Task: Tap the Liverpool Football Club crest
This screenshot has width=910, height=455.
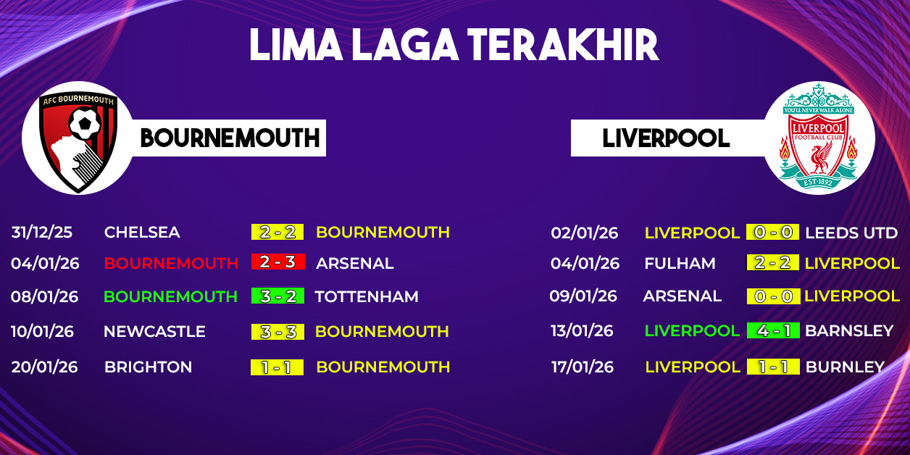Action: coord(818,136)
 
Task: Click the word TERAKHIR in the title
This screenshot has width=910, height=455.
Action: coord(563,45)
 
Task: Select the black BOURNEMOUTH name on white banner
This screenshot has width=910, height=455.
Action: coord(230,138)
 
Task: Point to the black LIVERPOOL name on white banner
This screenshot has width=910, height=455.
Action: coord(667,138)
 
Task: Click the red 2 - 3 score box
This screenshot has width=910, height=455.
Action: coord(278,262)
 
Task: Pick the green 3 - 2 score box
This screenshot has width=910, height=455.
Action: coord(278,296)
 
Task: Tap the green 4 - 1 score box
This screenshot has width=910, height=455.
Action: coord(773,330)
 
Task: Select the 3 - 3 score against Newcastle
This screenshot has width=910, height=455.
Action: coord(277,332)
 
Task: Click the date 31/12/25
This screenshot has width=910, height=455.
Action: coord(42,233)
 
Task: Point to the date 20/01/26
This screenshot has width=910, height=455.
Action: coord(44,367)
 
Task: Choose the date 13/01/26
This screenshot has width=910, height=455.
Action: coord(582,330)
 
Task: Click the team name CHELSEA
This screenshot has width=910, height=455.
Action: coord(142,233)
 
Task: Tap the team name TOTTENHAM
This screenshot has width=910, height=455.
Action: coord(367,296)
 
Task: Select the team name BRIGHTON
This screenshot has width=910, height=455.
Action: coord(149,367)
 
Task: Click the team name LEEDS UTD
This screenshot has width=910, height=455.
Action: coord(851,233)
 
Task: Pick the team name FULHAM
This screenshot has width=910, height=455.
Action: coord(680,263)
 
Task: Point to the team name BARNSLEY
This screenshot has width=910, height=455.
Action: coord(849,330)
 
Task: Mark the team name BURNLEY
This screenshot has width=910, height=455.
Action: coord(845,367)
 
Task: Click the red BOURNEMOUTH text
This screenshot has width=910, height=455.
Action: coord(171,263)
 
